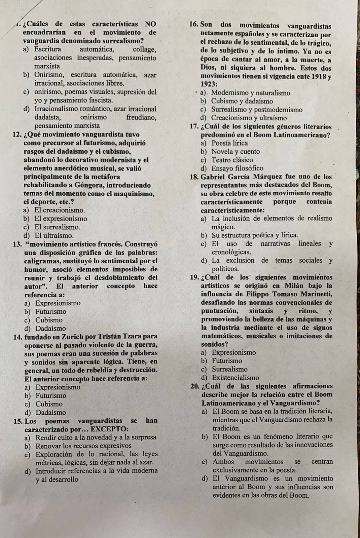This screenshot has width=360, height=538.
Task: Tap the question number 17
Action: pyautogui.click(x=193, y=127)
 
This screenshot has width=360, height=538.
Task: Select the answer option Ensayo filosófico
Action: pyautogui.click(x=237, y=168)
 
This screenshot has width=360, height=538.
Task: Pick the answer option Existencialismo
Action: pyautogui.click(x=236, y=378)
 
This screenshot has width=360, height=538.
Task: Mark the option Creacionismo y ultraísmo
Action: pyautogui.click(x=249, y=118)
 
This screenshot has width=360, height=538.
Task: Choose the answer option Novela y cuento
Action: pyautogui.click(x=236, y=152)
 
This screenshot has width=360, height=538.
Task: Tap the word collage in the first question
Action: pyautogui.click(x=144, y=49)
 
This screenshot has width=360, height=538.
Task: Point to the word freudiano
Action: pyautogui.click(x=141, y=117)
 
